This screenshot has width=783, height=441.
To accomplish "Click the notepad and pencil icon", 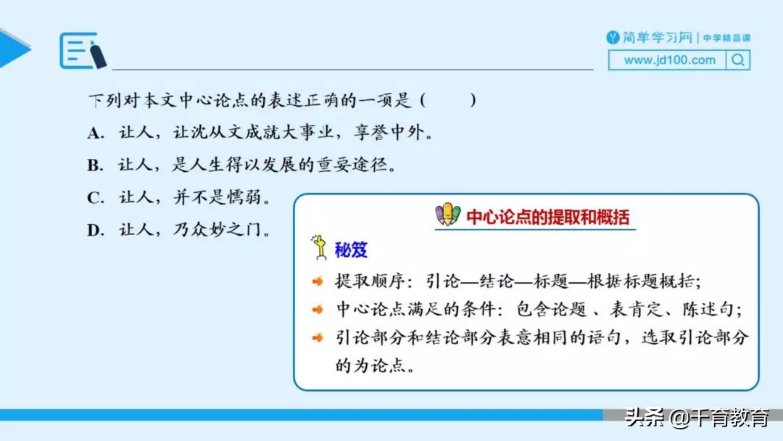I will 83,51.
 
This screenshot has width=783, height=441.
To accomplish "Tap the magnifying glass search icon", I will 738,60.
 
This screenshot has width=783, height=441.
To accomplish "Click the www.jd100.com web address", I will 668,60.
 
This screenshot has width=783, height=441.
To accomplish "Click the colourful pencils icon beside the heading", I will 447,215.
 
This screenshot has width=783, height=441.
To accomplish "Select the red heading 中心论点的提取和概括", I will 547,217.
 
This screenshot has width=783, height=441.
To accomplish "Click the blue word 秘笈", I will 351,250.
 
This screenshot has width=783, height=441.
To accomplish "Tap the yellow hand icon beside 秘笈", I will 318,247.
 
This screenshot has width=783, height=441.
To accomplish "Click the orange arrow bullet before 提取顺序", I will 318,281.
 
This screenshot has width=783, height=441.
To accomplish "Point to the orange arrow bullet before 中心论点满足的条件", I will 318,309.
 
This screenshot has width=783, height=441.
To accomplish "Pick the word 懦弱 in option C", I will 252,198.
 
